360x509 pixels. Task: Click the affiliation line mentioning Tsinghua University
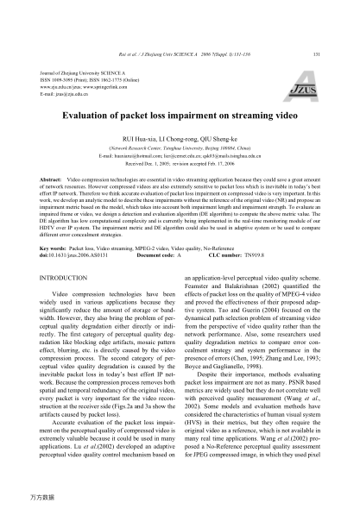(180, 148)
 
